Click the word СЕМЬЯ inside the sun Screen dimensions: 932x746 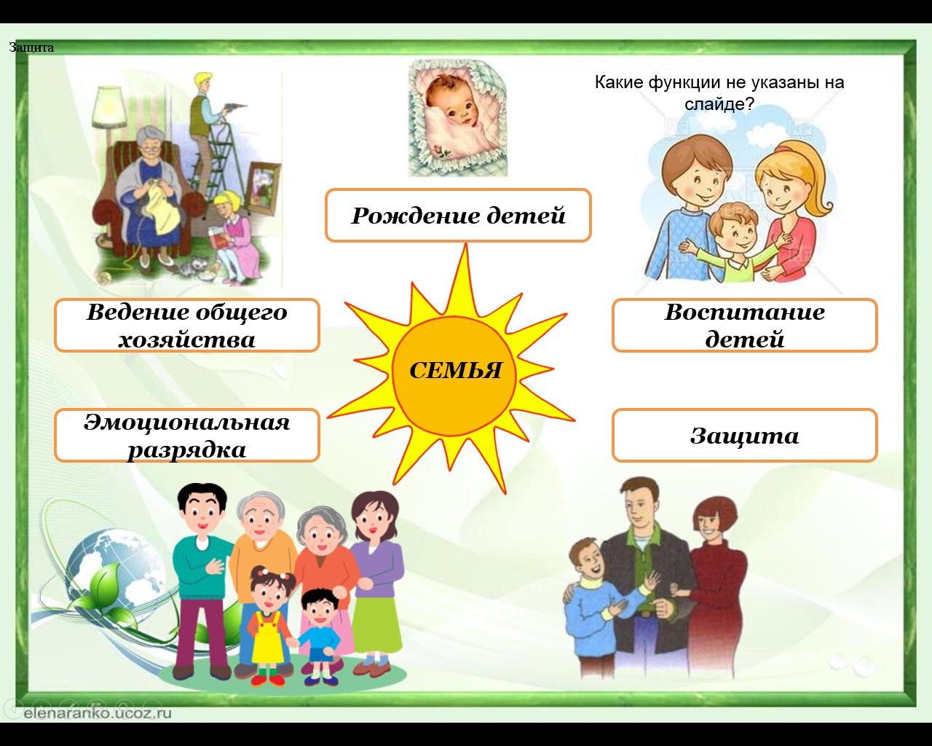pyautogui.click(x=455, y=371)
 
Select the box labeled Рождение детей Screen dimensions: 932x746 pyautogui.click(x=458, y=215)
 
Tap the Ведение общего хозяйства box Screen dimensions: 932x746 pyautogui.click(x=187, y=325)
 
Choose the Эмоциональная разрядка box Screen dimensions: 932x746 pyautogui.click(x=187, y=435)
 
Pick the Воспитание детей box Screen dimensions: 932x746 pyautogui.click(x=745, y=325)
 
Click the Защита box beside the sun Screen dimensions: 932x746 pyautogui.click(x=745, y=435)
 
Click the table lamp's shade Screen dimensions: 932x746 pyautogui.click(x=109, y=106)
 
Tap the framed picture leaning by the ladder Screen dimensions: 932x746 pyautogui.click(x=264, y=189)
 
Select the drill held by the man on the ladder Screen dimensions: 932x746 pyautogui.click(x=234, y=106)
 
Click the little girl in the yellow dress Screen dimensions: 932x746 pyautogui.click(x=269, y=625)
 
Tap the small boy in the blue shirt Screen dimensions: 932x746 pyautogui.click(x=320, y=637)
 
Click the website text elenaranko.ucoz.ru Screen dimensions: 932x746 pyautogui.click(x=98, y=713)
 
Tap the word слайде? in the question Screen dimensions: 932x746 pyautogui.click(x=719, y=104)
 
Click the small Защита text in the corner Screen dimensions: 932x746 pyautogui.click(x=31, y=47)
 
